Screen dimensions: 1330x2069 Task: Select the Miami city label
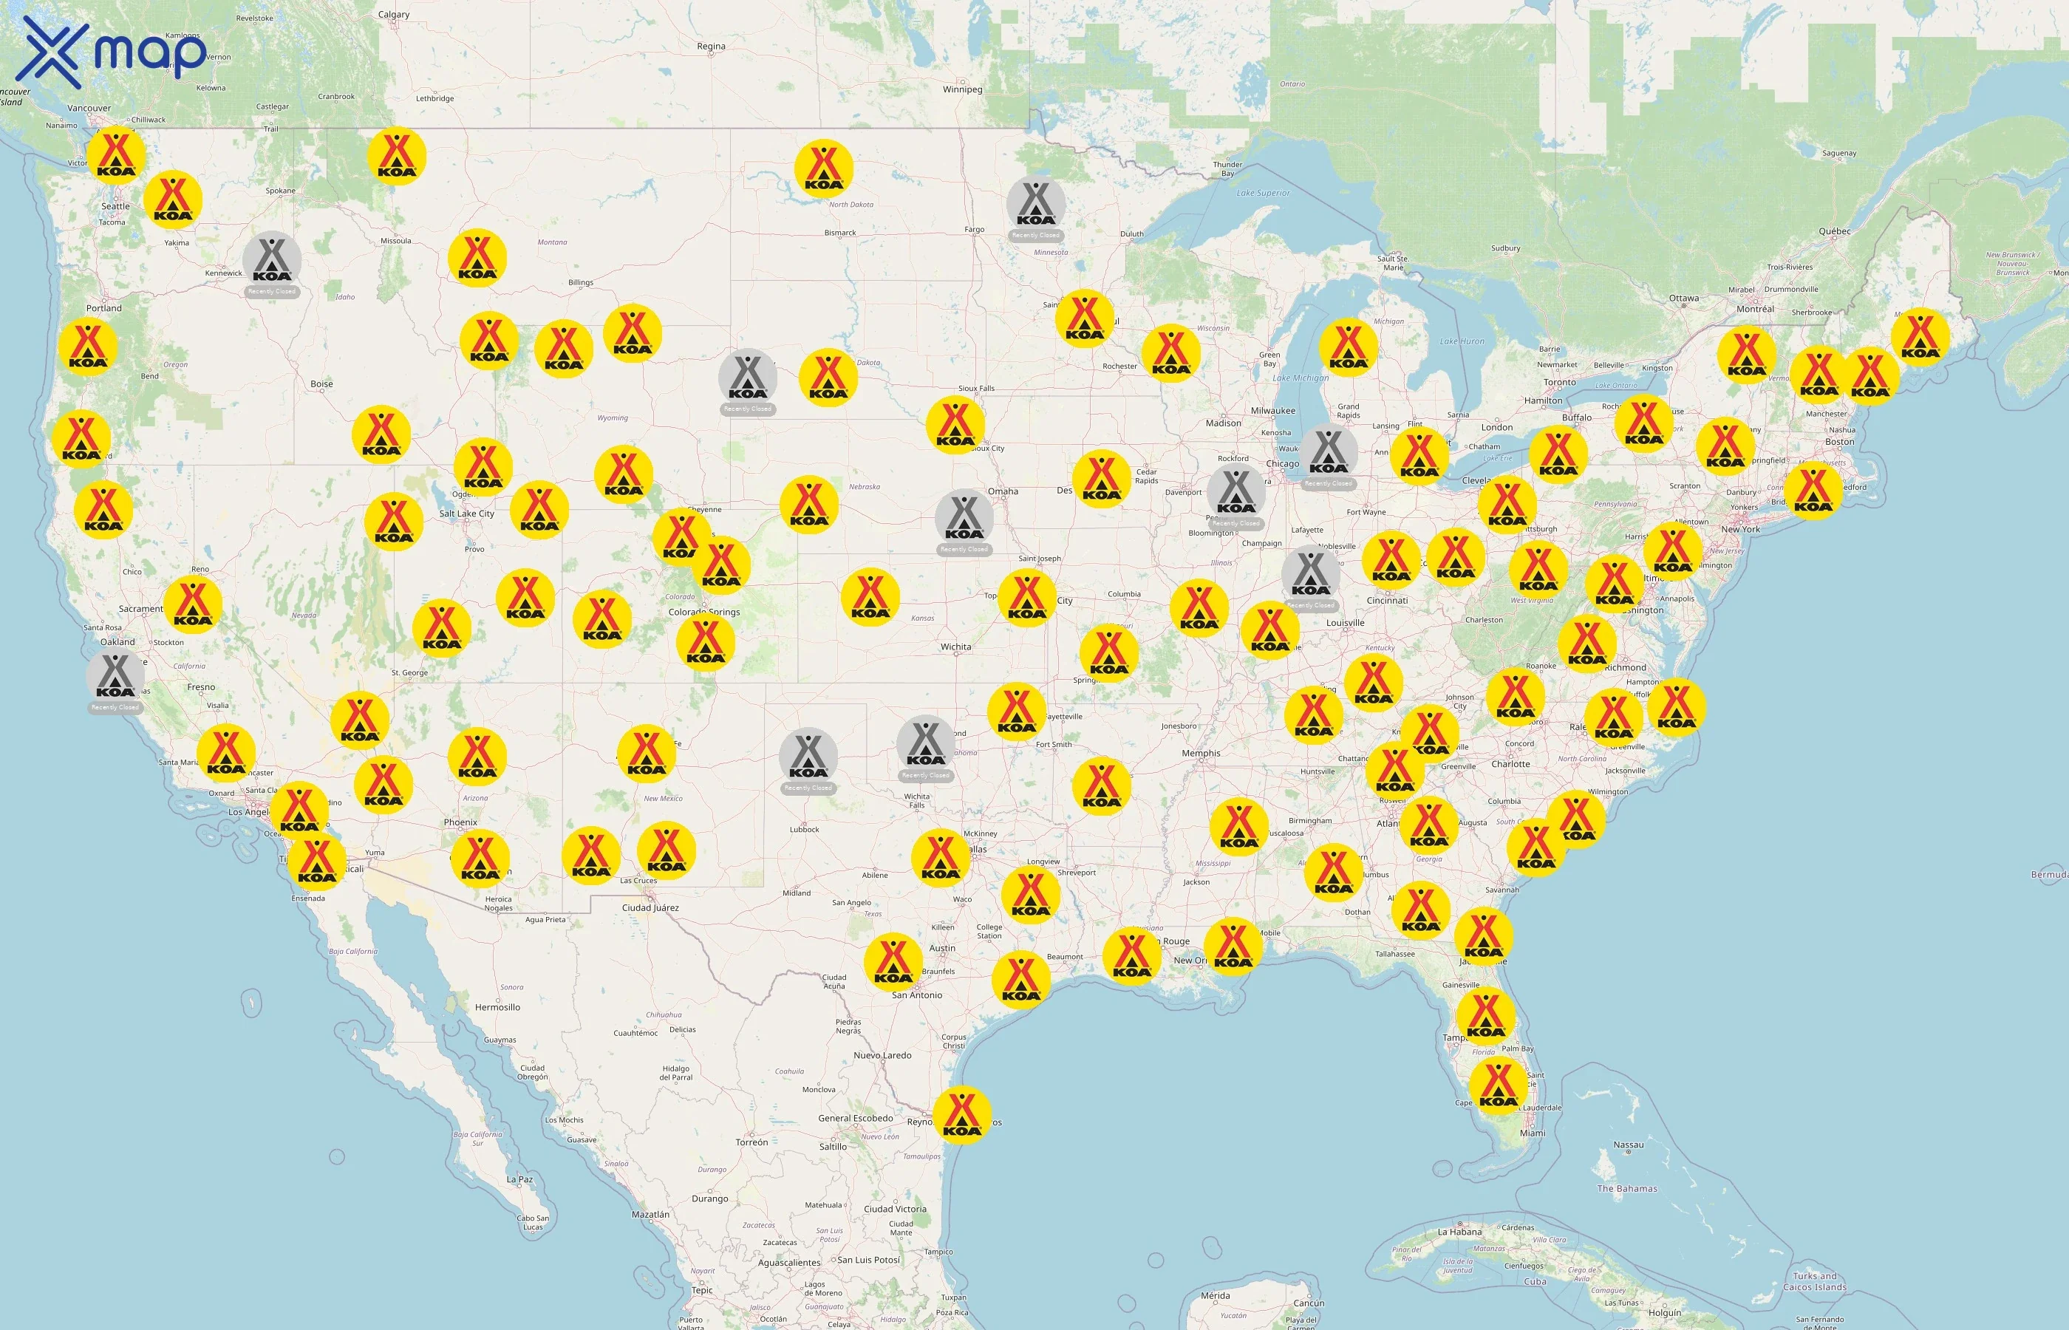[1532, 1133]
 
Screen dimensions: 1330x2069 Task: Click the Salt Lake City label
[466, 514]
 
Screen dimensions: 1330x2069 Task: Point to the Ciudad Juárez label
[650, 907]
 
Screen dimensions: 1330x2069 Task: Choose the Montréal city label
[1755, 309]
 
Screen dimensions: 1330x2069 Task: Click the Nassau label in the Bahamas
[1628, 1145]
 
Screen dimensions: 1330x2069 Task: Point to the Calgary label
[394, 15]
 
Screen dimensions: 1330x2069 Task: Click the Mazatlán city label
[650, 1214]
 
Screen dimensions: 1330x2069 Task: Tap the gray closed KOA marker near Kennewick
[272, 261]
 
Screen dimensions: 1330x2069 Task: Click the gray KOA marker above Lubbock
[808, 757]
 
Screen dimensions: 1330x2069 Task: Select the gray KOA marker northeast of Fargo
[1035, 205]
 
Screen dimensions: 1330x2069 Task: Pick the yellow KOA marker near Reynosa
[962, 1115]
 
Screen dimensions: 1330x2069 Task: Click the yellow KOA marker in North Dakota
[824, 168]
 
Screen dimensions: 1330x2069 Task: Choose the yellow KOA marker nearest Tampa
[1485, 1017]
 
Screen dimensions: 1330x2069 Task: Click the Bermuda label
[2048, 875]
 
